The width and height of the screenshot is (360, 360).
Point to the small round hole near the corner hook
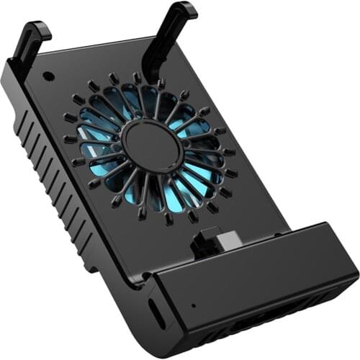click(x=48, y=76)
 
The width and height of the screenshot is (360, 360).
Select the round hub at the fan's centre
click(x=152, y=141)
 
